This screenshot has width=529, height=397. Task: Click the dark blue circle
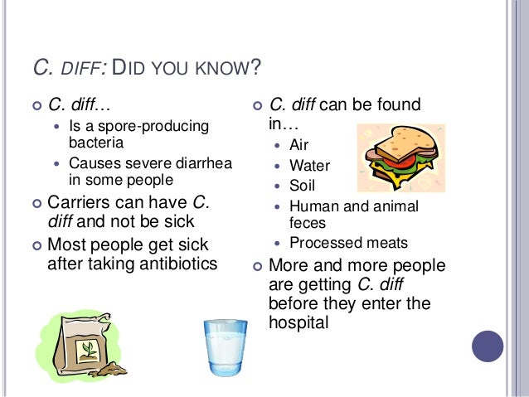click(x=488, y=346)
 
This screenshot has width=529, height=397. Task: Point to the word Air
click(x=298, y=145)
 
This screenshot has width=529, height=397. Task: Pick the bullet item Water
click(x=309, y=166)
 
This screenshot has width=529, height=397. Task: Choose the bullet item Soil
click(x=303, y=186)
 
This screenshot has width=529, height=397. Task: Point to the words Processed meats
click(x=349, y=243)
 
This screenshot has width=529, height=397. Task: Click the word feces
click(x=307, y=222)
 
